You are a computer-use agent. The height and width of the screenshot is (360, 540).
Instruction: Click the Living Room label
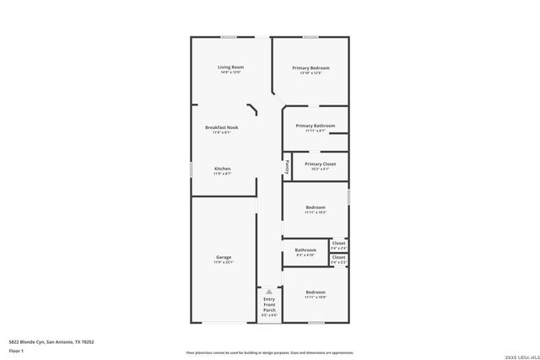(230, 67)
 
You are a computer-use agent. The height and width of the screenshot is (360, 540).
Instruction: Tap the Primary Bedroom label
(310, 67)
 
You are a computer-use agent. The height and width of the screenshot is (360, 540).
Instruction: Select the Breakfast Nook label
(223, 127)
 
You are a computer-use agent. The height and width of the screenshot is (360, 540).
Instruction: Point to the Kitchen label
(223, 169)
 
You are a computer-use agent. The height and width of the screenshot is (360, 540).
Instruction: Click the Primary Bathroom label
(315, 126)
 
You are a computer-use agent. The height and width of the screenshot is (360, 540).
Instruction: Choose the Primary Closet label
(320, 164)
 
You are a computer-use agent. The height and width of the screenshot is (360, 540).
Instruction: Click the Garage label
(224, 257)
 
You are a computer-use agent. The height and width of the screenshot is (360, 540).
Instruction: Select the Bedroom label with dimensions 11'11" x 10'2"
(316, 207)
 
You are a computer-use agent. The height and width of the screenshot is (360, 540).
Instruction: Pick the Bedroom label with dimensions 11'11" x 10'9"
(316, 292)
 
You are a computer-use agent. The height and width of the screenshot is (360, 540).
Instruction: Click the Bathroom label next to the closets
(305, 250)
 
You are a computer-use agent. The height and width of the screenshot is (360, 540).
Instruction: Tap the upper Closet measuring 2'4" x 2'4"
(338, 243)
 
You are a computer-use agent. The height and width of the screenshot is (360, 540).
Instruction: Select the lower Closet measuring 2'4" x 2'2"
(338, 257)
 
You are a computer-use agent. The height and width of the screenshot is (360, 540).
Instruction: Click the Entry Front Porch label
(269, 304)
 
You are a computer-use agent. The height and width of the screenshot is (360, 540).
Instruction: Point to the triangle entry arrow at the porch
(269, 291)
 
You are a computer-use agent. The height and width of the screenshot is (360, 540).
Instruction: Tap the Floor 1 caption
(16, 350)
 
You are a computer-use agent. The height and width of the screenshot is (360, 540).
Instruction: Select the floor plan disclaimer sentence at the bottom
(269, 352)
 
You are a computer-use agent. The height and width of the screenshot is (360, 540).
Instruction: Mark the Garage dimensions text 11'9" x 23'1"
(224, 262)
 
